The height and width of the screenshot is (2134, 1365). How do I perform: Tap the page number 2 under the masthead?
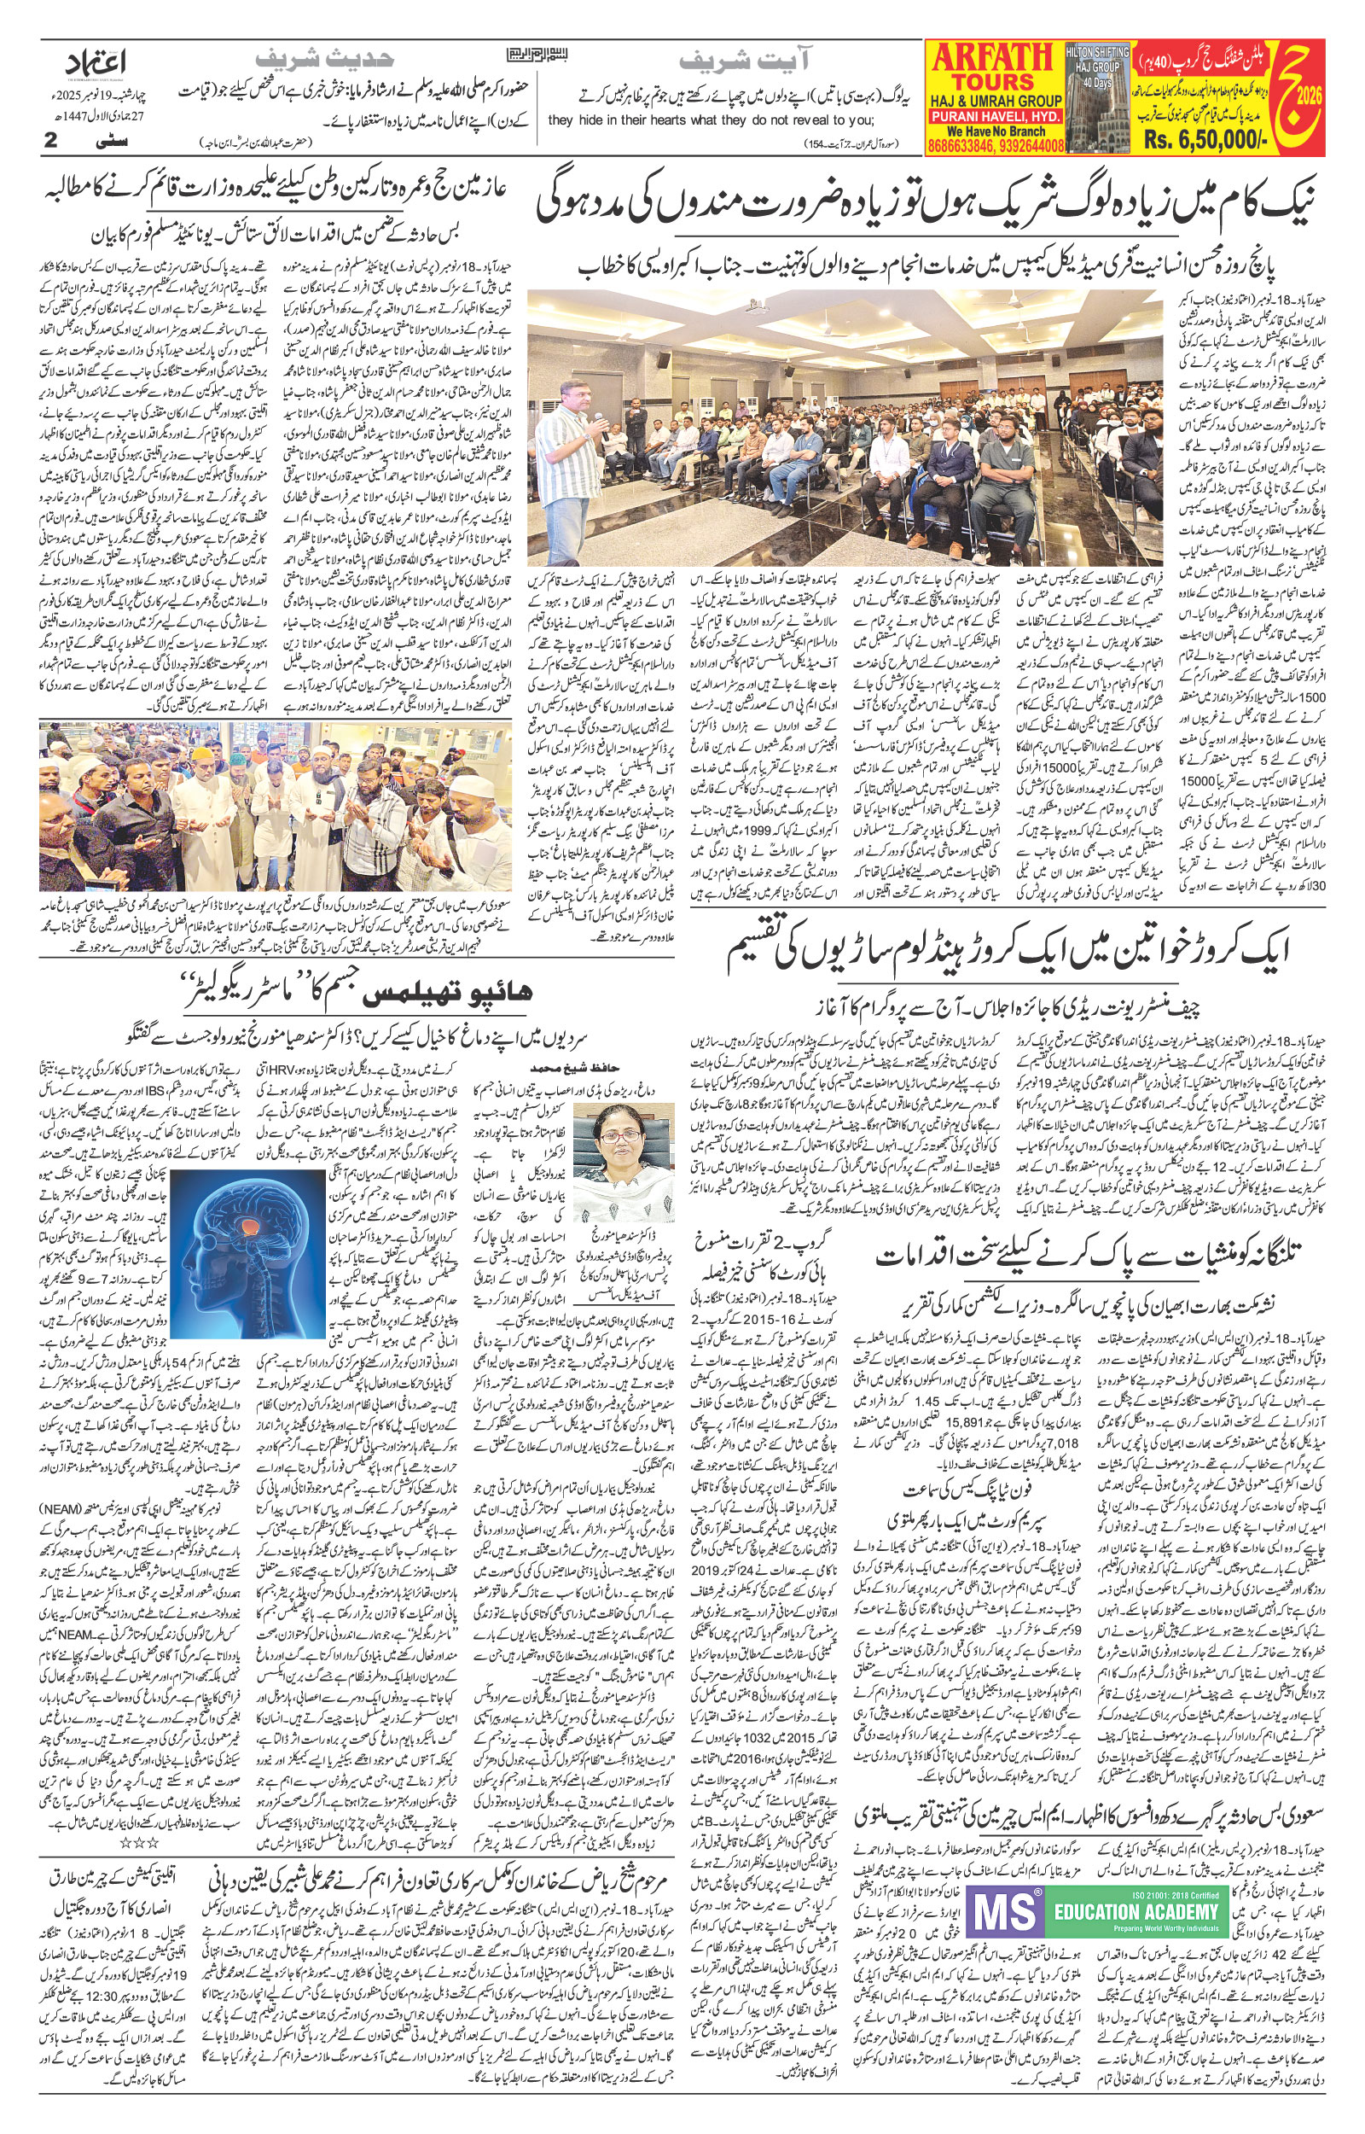point(50,141)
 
